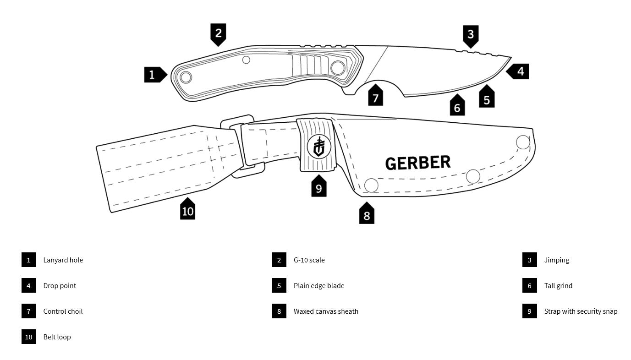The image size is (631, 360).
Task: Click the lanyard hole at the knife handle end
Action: [186, 76]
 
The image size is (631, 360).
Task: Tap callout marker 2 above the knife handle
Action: [218, 33]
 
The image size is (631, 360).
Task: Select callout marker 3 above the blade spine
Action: [470, 34]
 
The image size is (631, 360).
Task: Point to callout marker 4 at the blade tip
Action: [520, 72]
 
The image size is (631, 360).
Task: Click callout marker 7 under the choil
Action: [376, 97]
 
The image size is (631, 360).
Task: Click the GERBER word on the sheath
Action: [417, 163]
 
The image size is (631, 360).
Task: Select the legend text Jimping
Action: [556, 260]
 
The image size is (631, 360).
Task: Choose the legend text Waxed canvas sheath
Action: [326, 311]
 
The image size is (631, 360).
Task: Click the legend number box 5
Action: [279, 286]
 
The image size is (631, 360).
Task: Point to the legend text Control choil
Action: [63, 311]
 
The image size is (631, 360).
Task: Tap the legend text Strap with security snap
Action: [581, 311]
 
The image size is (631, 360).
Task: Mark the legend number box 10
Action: [28, 337]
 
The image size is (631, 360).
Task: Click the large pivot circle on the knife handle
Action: [338, 68]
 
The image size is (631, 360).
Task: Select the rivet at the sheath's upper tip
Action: [523, 142]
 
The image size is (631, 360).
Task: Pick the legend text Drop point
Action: [60, 286]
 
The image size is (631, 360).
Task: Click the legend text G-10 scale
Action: [309, 260]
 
